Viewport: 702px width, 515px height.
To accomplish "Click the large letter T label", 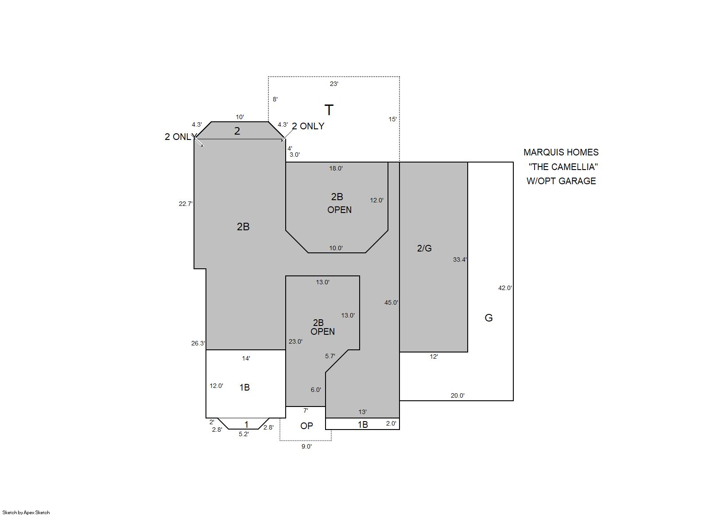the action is click(329, 110).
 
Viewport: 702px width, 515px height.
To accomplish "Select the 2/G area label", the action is click(424, 248).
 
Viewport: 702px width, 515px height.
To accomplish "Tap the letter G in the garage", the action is click(489, 318).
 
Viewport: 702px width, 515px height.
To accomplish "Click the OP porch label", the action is click(306, 426).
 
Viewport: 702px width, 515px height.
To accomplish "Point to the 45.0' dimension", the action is click(391, 302).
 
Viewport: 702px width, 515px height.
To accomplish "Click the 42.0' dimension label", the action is click(505, 288).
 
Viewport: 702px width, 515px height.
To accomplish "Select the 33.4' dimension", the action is click(460, 259).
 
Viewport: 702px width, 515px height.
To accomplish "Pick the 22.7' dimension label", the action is click(186, 204).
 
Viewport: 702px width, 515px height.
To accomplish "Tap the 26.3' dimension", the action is click(198, 343).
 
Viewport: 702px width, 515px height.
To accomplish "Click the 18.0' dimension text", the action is click(336, 169).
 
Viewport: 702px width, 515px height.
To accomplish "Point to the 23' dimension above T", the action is click(334, 84).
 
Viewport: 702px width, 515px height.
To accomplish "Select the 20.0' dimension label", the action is click(458, 395).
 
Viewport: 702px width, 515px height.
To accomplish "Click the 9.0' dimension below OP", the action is click(306, 447).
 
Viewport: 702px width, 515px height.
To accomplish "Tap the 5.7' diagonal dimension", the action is click(330, 356).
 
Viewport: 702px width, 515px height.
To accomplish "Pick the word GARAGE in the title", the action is click(578, 181).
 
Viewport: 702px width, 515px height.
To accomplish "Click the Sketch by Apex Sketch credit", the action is click(26, 512).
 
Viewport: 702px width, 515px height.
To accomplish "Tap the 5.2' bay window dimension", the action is click(244, 434).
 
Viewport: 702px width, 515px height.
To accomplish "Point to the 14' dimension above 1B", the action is click(246, 358).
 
